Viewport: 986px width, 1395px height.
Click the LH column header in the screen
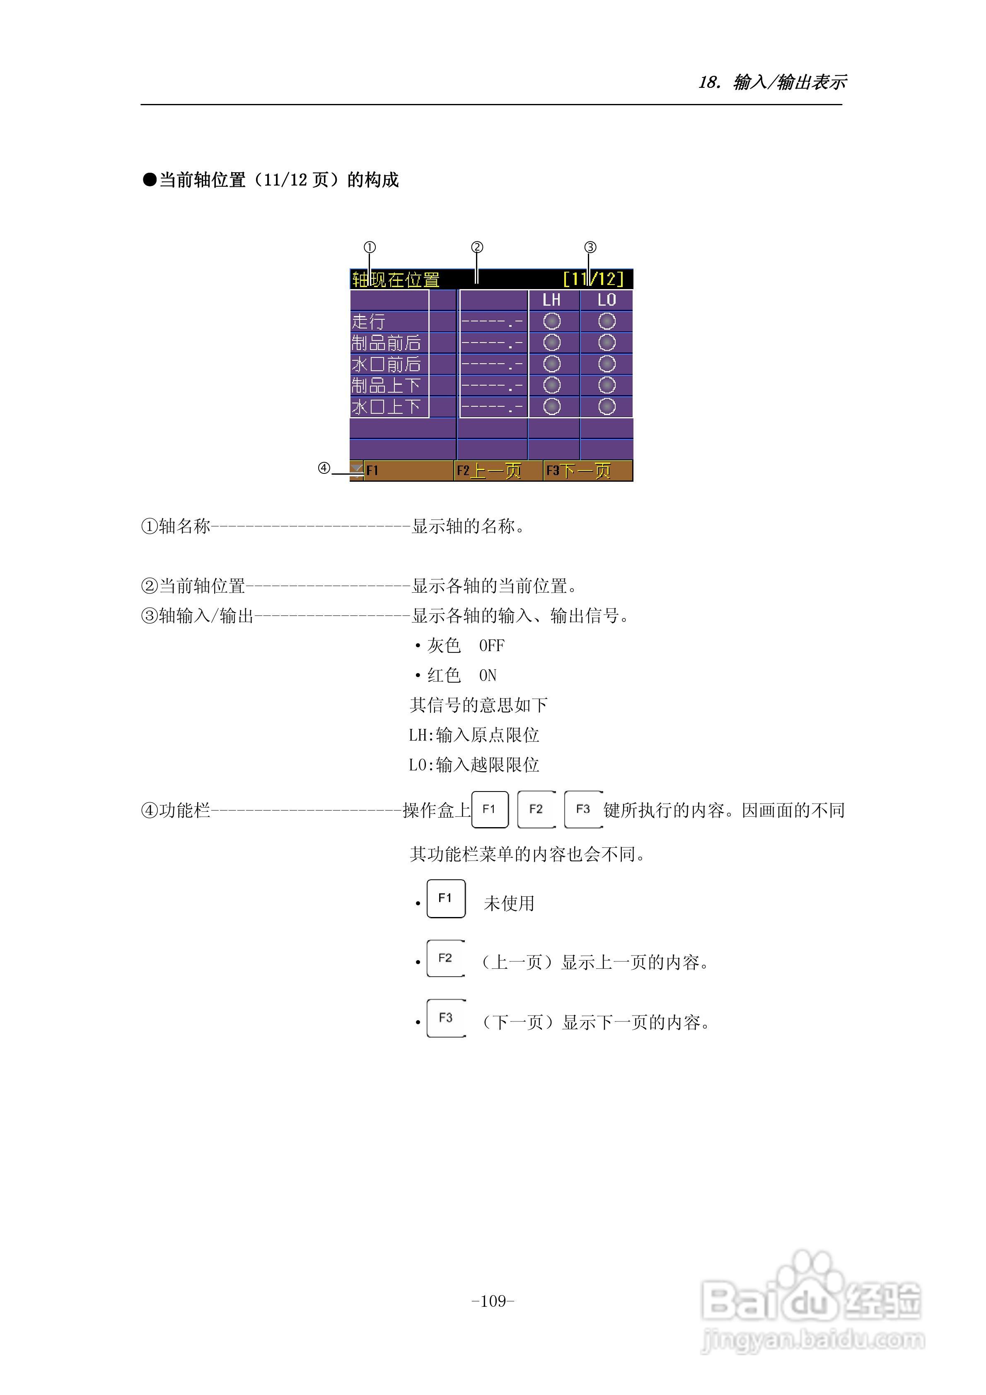click(551, 299)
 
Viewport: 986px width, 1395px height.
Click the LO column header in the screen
click(606, 299)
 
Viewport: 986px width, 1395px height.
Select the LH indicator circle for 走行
click(551, 321)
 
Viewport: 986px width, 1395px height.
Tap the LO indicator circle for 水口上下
click(607, 406)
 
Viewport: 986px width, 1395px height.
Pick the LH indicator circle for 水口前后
click(551, 364)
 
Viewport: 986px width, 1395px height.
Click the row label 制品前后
click(386, 343)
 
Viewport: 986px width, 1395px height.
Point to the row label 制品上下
click(386, 385)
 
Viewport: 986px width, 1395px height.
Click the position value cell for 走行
click(493, 321)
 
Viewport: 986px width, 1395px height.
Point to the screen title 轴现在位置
click(396, 280)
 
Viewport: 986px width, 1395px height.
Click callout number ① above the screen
click(370, 247)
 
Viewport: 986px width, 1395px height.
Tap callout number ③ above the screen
click(590, 247)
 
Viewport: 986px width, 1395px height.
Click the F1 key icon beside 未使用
click(446, 898)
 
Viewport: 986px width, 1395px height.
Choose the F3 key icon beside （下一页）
click(446, 1018)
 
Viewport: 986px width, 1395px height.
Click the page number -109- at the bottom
click(493, 1301)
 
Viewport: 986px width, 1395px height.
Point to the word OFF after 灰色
click(492, 645)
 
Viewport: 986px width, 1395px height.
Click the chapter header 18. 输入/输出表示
click(772, 82)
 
